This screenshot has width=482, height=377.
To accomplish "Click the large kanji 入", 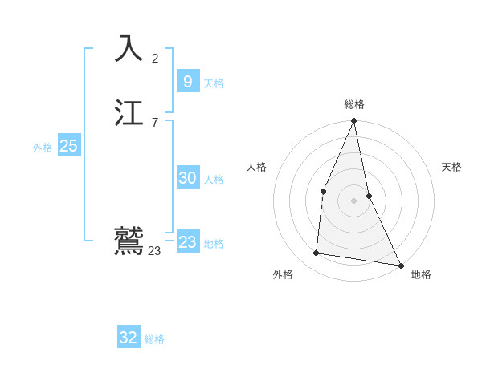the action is [129, 50].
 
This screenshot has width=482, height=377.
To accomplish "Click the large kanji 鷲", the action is [129, 241].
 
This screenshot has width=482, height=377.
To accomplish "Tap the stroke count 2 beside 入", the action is [155, 58].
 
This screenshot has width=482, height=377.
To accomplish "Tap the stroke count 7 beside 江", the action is [155, 123].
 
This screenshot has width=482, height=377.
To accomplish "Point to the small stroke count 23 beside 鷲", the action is [154, 251].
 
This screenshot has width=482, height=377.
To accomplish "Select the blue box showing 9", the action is [187, 82].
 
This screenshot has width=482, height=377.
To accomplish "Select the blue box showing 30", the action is [187, 178].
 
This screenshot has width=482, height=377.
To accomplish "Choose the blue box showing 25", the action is [68, 146].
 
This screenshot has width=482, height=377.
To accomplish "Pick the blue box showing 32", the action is [129, 338].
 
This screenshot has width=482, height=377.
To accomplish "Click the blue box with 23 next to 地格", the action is [187, 242].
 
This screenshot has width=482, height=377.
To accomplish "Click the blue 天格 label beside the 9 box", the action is [214, 83].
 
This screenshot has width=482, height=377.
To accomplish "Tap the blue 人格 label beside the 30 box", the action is [214, 180].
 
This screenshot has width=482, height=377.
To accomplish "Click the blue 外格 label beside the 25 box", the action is [43, 148].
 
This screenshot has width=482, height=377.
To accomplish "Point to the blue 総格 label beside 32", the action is [154, 339].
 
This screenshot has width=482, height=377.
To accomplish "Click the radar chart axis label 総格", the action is [353, 104].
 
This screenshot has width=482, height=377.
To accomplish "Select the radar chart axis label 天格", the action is [452, 167].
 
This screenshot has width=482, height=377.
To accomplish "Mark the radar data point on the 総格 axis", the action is [353, 121].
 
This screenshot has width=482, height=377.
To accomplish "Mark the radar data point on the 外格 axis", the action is [317, 253].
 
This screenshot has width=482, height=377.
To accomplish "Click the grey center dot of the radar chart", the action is [353, 200].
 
